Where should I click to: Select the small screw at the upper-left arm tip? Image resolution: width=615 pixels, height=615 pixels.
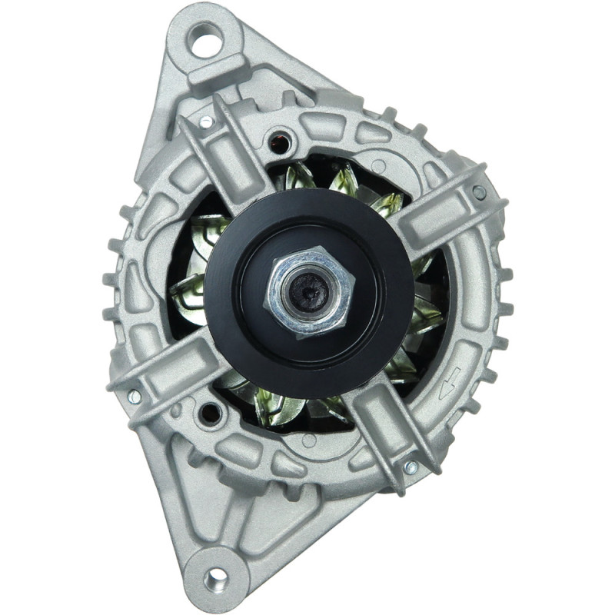coord(205,121)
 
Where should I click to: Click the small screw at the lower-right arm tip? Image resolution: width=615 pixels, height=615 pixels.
coord(411,467)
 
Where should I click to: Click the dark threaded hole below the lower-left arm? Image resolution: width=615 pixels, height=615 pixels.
coord(206,416)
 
